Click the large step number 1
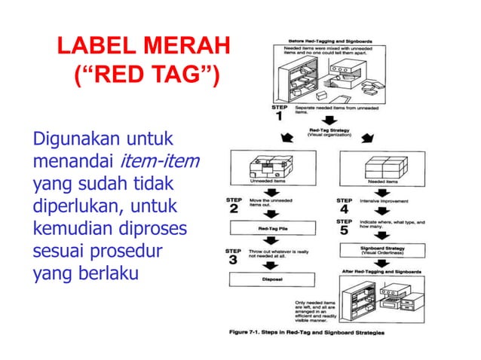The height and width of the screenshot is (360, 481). [x=279, y=117]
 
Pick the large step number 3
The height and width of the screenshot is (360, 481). [x=233, y=260]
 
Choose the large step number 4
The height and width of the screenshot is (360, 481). [x=344, y=209]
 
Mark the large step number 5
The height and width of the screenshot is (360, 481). [x=344, y=230]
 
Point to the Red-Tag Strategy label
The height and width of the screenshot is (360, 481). [x=328, y=132]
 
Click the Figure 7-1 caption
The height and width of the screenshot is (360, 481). [x=306, y=331]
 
